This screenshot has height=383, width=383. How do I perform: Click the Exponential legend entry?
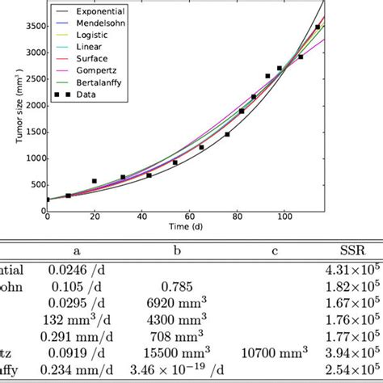pyautogui.click(x=90, y=14)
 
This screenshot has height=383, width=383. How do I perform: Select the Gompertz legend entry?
pyautogui.click(x=89, y=82)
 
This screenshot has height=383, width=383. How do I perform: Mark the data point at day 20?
pyautogui.click(x=95, y=182)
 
